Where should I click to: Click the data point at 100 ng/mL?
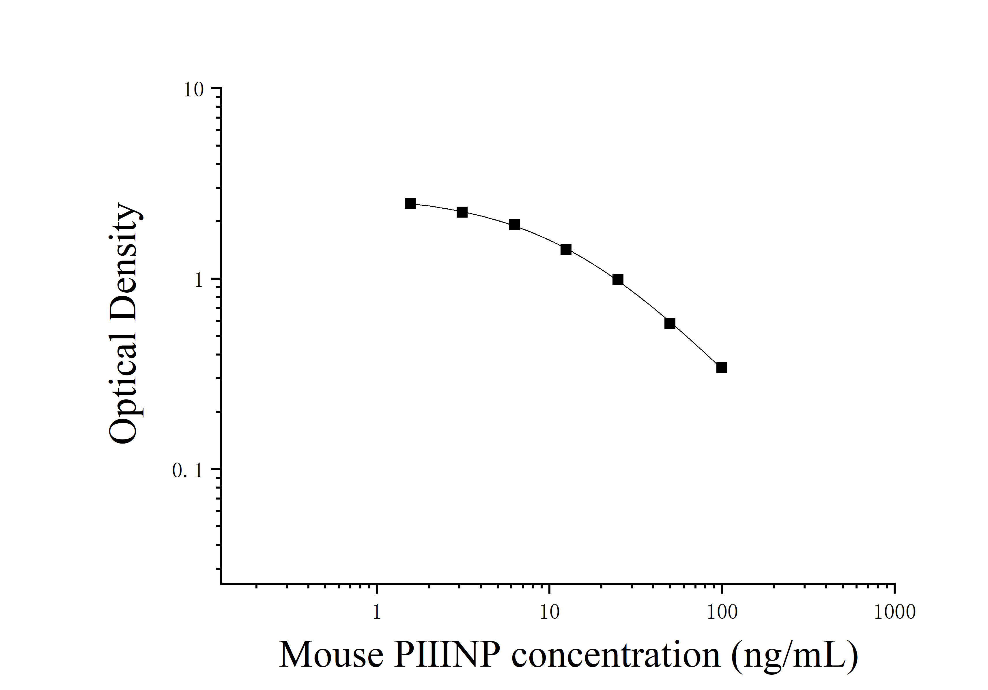point(722,368)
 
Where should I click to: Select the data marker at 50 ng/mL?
point(670,324)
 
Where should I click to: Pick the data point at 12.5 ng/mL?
point(566,250)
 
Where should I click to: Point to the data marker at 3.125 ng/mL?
point(462,212)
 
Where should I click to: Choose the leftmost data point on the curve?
point(410,203)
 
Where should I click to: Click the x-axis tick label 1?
point(377,612)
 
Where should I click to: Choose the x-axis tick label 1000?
point(894,612)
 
